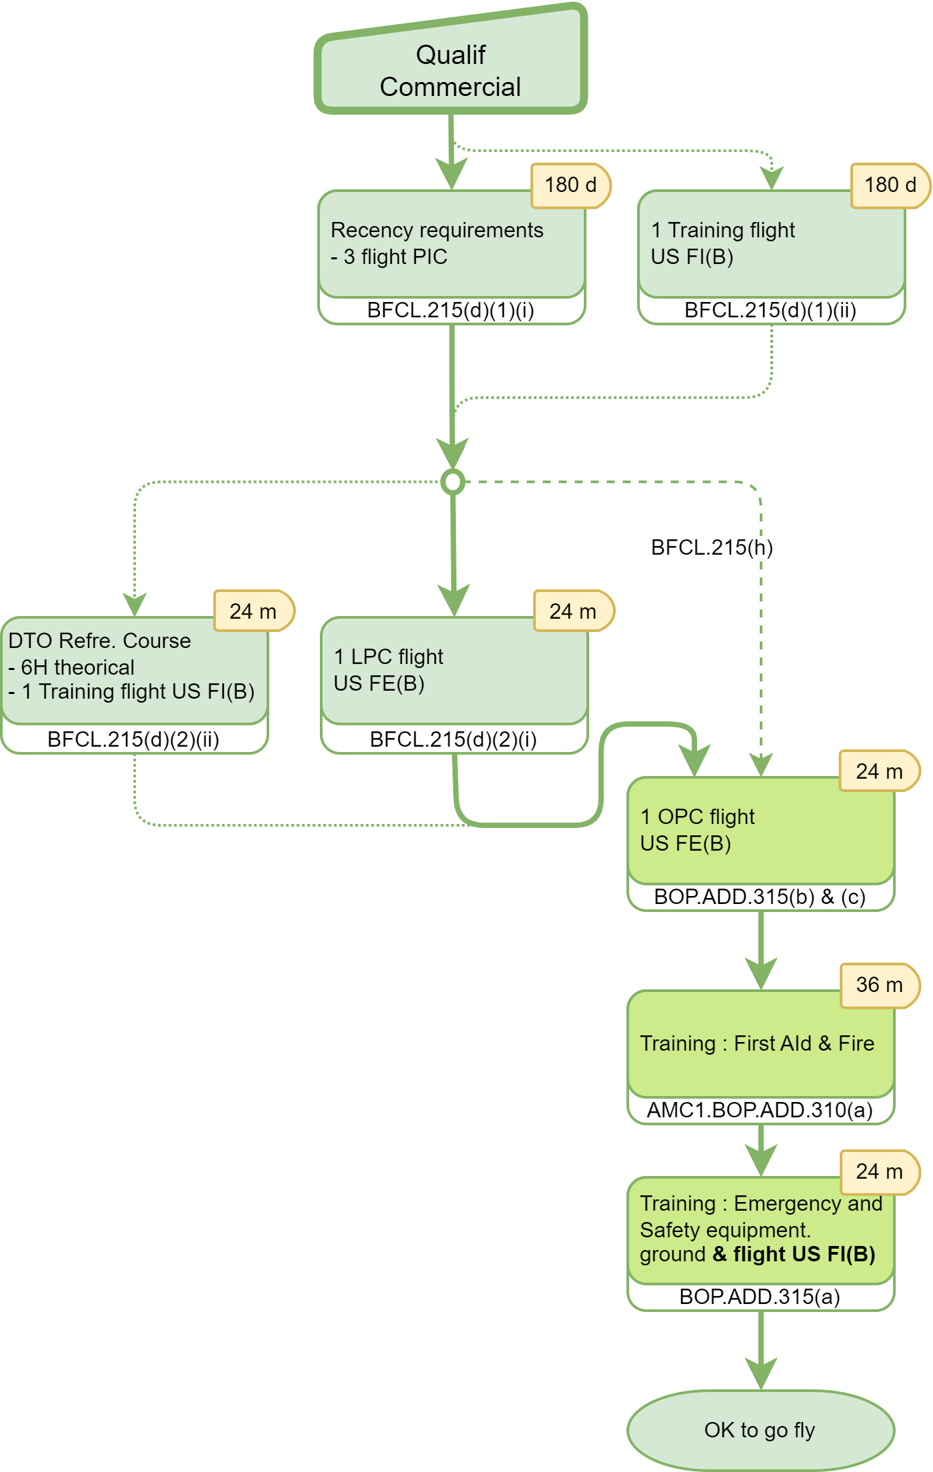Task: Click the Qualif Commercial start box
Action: click(451, 70)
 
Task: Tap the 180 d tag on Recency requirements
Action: click(570, 185)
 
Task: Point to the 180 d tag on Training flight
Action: click(890, 185)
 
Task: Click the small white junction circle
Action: click(453, 481)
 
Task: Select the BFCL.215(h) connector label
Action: click(711, 547)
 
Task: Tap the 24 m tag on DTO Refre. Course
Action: click(253, 611)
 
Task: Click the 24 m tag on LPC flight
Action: click(573, 611)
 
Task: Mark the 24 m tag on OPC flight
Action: click(880, 771)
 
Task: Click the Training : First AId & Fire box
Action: click(760, 1044)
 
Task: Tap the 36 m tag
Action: click(880, 985)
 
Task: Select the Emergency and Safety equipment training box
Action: click(760, 1231)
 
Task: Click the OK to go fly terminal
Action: click(760, 1430)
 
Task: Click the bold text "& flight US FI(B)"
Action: click(794, 1254)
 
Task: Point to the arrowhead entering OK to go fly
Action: click(760, 1375)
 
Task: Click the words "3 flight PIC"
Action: click(395, 257)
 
